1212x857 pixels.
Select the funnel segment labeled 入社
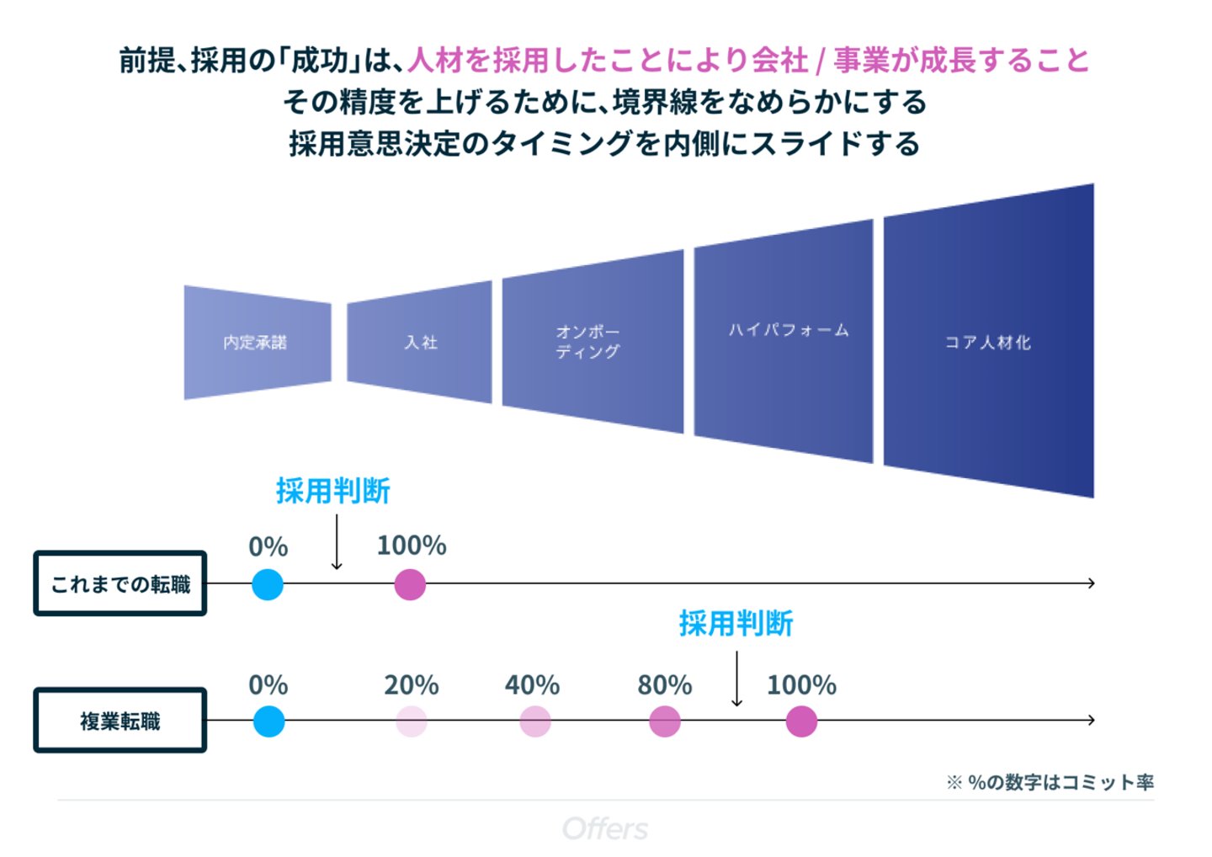(x=419, y=342)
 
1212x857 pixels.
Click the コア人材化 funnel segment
(x=988, y=342)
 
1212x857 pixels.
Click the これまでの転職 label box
(x=120, y=583)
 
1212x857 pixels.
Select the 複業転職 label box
(x=120, y=721)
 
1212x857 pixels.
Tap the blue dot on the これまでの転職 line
(x=268, y=584)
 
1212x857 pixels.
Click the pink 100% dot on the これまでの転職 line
(x=410, y=584)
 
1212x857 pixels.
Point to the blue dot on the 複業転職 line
(x=268, y=721)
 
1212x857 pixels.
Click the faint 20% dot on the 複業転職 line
(x=412, y=721)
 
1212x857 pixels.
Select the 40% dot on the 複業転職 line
(x=534, y=721)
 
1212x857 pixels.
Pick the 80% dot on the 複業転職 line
(x=665, y=721)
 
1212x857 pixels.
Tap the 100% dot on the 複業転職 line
(x=801, y=721)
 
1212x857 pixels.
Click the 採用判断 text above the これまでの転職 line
(x=333, y=491)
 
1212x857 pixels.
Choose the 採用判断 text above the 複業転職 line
(x=736, y=624)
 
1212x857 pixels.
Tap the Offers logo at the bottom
(x=605, y=829)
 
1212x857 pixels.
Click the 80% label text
(x=665, y=685)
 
